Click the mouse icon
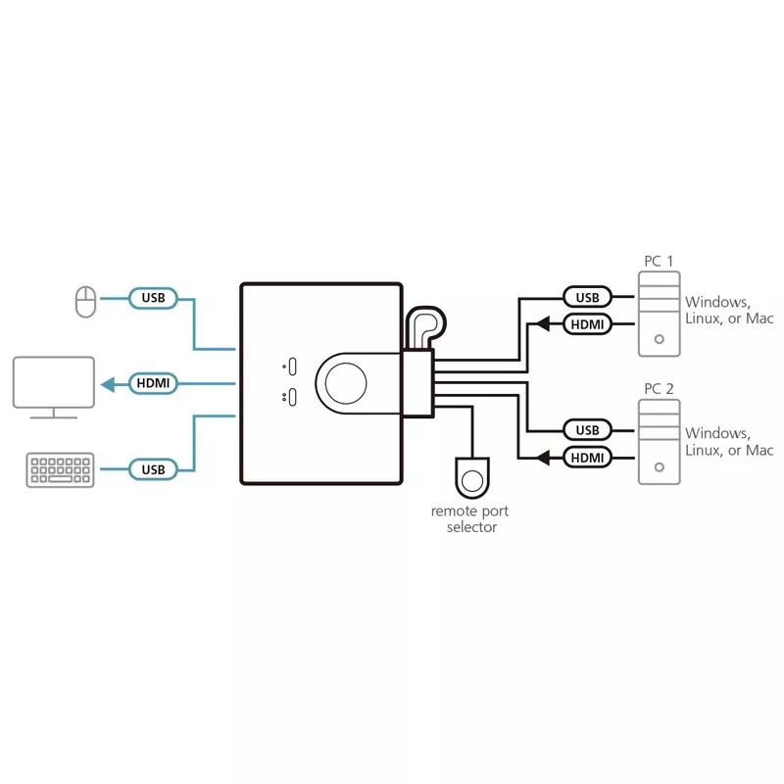pyautogui.click(x=86, y=302)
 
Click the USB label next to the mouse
pyautogui.click(x=153, y=298)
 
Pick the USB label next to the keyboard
pyautogui.click(x=153, y=469)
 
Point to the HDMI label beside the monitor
pyautogui.click(x=153, y=383)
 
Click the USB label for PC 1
pyautogui.click(x=587, y=297)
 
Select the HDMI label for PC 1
pyautogui.click(x=587, y=323)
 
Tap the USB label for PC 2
pyautogui.click(x=587, y=429)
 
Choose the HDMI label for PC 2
pyautogui.click(x=587, y=456)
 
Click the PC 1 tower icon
pyautogui.click(x=658, y=314)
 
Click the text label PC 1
pyautogui.click(x=659, y=261)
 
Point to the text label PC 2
pyautogui.click(x=659, y=389)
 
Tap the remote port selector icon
pyautogui.click(x=472, y=479)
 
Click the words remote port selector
pyautogui.click(x=471, y=519)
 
